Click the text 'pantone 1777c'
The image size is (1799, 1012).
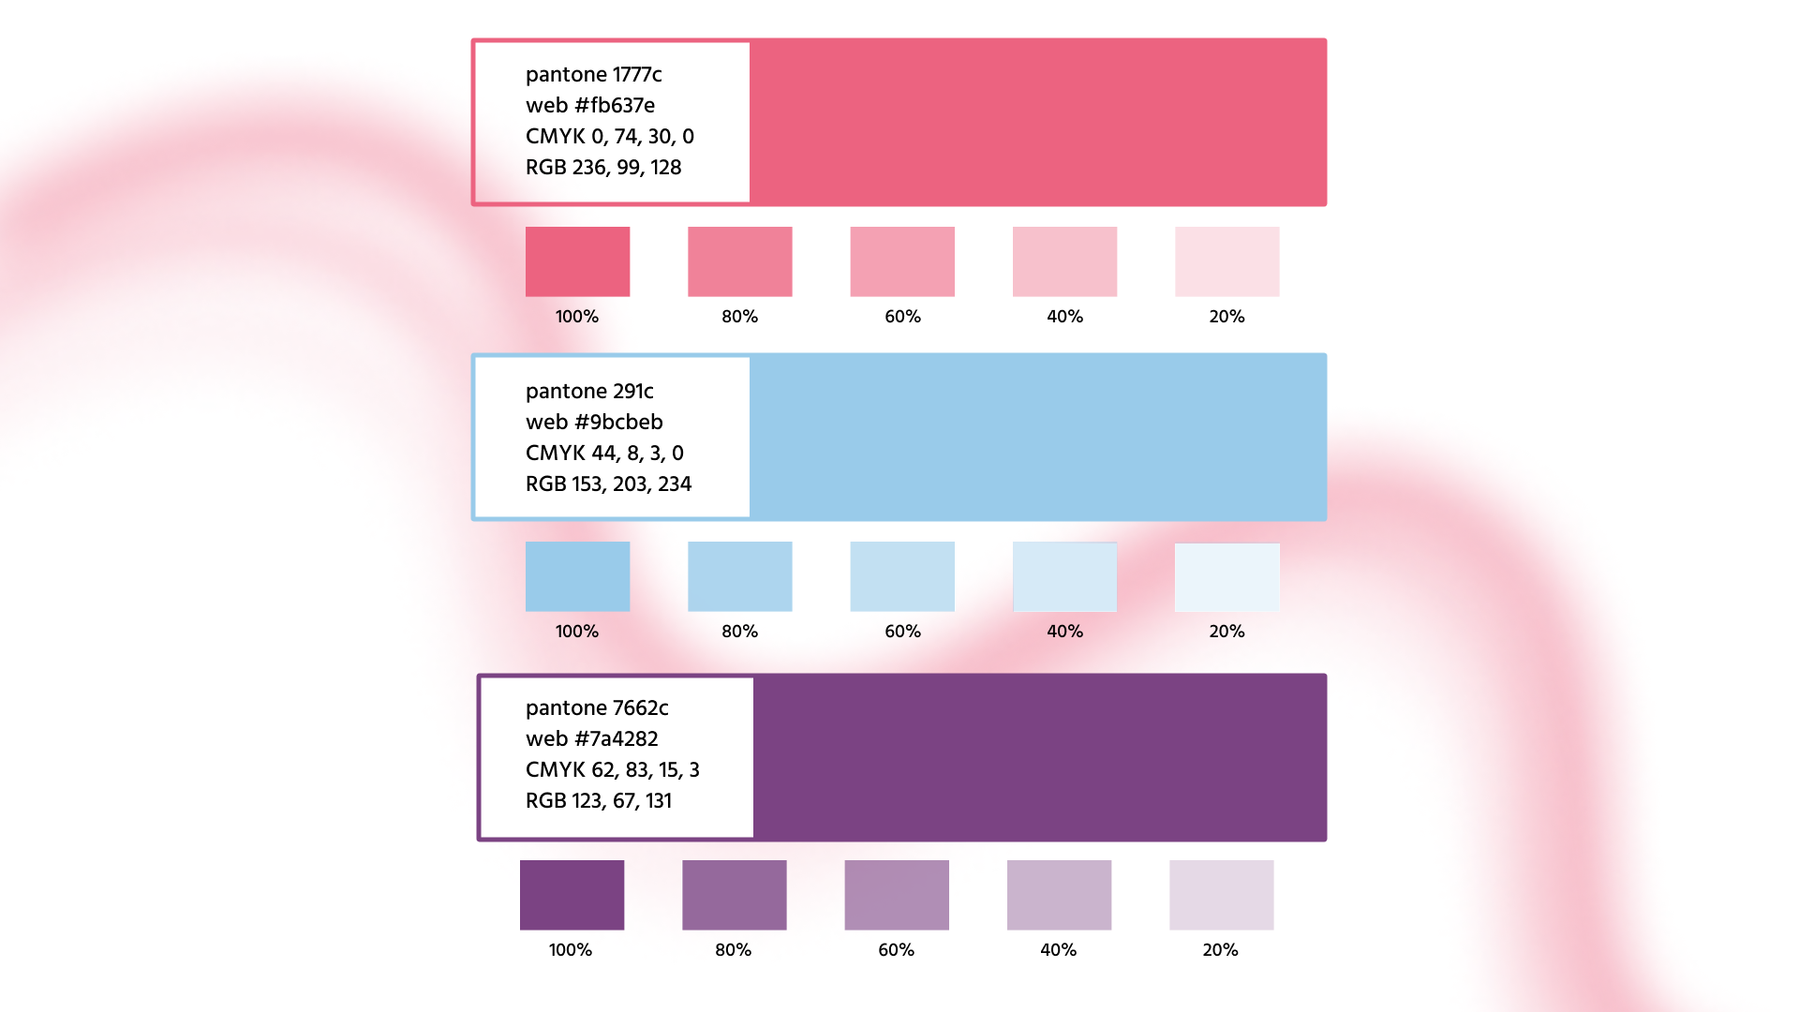point(593,75)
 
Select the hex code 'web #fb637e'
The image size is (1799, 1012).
point(589,106)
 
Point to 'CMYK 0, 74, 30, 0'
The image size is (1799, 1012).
point(609,137)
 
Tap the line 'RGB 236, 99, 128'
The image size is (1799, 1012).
point(602,168)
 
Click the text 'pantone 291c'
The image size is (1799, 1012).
point(589,392)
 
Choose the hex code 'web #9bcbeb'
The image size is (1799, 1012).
point(593,423)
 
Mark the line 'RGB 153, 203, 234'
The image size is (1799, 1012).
point(608,484)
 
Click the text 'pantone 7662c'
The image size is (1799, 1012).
point(597,708)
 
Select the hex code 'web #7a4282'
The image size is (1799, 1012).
point(591,739)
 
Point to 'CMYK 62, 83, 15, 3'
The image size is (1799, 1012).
point(612,770)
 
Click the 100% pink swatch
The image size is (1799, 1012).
point(577,261)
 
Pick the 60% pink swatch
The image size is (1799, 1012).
point(902,261)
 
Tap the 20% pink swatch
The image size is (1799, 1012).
point(1227,261)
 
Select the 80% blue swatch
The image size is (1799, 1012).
point(739,576)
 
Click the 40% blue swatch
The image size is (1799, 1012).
point(1064,576)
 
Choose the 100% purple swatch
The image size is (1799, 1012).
point(572,895)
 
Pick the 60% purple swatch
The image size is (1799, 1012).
point(897,895)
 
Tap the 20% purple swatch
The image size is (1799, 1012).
point(1221,895)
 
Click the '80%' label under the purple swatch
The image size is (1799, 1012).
point(733,950)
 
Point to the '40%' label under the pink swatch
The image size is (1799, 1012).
point(1064,317)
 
